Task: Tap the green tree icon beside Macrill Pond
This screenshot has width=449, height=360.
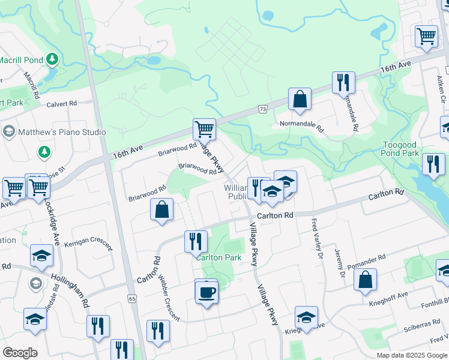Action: [x=53, y=59]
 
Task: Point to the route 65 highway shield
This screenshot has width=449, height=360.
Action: [x=133, y=298]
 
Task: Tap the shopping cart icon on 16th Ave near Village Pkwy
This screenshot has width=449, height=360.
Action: [x=204, y=128]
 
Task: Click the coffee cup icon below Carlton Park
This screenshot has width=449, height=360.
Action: [x=206, y=292]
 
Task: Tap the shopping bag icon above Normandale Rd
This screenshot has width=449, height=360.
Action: [x=300, y=99]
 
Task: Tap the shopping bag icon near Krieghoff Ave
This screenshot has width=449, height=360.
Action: [x=365, y=280]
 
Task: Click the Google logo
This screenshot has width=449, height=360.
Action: [x=20, y=353]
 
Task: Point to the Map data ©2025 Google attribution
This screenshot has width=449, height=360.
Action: [x=412, y=355]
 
